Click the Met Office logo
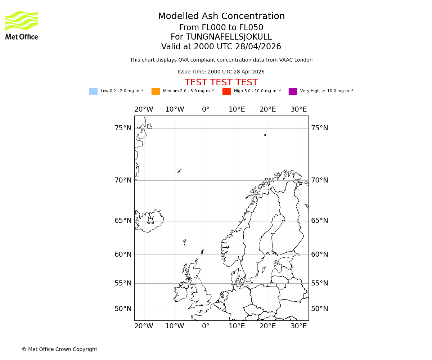point(22,25)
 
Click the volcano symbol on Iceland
point(150,220)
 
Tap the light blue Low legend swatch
point(93,91)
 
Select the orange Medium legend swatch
point(156,91)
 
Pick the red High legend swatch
point(226,91)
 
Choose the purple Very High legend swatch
point(293,91)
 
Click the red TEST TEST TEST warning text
point(221,83)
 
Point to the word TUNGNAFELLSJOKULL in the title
point(229,37)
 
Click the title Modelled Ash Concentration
point(221,17)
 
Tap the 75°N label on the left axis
point(123,128)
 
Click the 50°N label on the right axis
point(320,309)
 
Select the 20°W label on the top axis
point(144,109)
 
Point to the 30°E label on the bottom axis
point(299,326)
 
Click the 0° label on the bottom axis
point(206,326)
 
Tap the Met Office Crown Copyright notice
point(59,350)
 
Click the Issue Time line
point(221,72)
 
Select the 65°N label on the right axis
point(320,221)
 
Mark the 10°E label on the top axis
point(237,109)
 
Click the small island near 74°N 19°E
point(265,135)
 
